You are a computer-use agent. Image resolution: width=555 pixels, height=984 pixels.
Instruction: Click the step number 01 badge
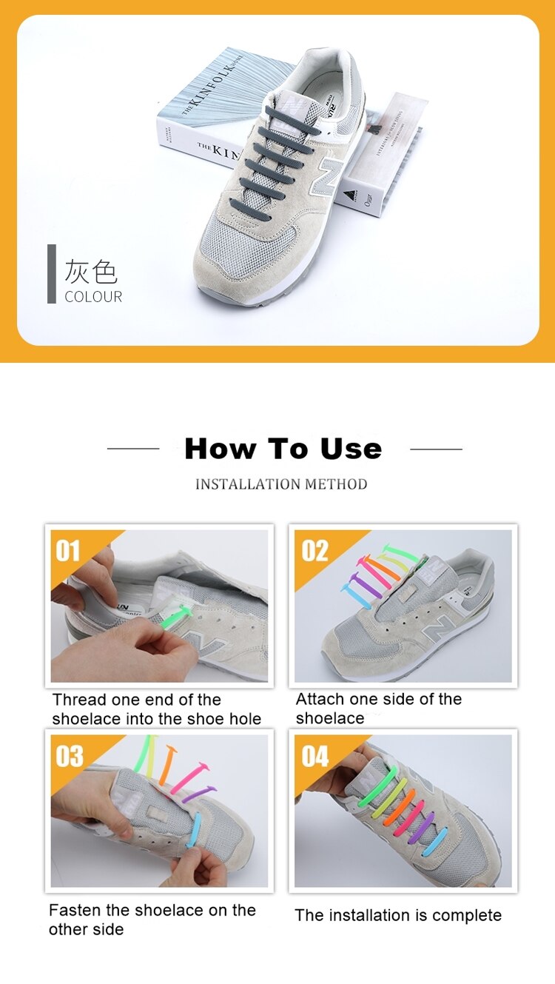(68, 551)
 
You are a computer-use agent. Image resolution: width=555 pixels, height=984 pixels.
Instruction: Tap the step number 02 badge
(314, 551)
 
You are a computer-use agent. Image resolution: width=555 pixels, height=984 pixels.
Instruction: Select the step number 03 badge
(69, 756)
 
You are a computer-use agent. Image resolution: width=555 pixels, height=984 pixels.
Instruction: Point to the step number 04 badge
(315, 756)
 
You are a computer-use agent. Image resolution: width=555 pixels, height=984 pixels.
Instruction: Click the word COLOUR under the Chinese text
(93, 297)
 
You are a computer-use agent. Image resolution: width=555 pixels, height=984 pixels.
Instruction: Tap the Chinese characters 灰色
(91, 272)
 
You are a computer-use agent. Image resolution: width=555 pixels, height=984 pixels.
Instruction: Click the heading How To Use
(283, 449)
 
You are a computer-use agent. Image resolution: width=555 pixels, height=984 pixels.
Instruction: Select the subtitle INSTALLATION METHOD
(281, 484)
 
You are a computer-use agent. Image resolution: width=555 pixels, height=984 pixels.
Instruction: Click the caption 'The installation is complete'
(398, 915)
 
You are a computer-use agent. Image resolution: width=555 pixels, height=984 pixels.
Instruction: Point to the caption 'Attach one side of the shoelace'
(378, 709)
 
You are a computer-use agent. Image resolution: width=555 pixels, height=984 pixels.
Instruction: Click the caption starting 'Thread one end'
(156, 709)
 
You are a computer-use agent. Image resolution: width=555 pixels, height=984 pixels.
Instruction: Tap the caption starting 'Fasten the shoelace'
(152, 920)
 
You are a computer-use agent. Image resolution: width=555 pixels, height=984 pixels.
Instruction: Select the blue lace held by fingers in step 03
(194, 829)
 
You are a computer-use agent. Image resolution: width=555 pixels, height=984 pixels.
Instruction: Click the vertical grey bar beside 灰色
(52, 274)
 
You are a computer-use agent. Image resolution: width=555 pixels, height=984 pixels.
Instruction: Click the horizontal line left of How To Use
(133, 449)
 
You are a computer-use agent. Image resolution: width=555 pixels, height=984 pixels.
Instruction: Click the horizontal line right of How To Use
(436, 449)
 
